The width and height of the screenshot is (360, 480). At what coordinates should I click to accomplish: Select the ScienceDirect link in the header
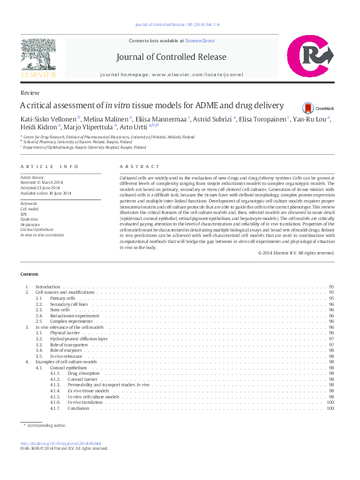pos(200,41)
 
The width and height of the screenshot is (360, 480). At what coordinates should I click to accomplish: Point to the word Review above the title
pos(30,93)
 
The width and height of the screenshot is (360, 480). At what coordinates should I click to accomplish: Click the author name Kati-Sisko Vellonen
pos(48,118)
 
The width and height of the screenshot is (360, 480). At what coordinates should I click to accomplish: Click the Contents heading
pos(30,274)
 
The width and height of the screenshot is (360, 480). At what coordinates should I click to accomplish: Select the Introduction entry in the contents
pos(48,287)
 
